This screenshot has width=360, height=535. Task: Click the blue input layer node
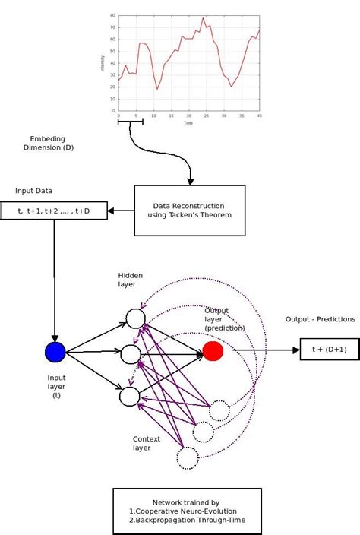[x=55, y=352]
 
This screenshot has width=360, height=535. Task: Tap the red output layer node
[x=213, y=351]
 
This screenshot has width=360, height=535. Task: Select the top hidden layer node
[x=135, y=318]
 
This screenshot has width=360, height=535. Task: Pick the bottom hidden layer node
[x=130, y=396]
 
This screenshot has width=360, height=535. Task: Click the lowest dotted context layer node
[x=187, y=457]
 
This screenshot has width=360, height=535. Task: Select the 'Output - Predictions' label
[x=320, y=319]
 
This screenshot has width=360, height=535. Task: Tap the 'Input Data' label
[x=34, y=190]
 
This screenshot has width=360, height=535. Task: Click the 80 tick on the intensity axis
[x=112, y=15]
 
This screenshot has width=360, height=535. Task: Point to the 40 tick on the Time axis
[x=259, y=116]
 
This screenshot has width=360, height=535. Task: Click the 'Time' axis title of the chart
[x=188, y=122]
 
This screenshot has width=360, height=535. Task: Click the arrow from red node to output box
[x=266, y=350]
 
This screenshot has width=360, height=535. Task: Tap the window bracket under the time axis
[x=131, y=122]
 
